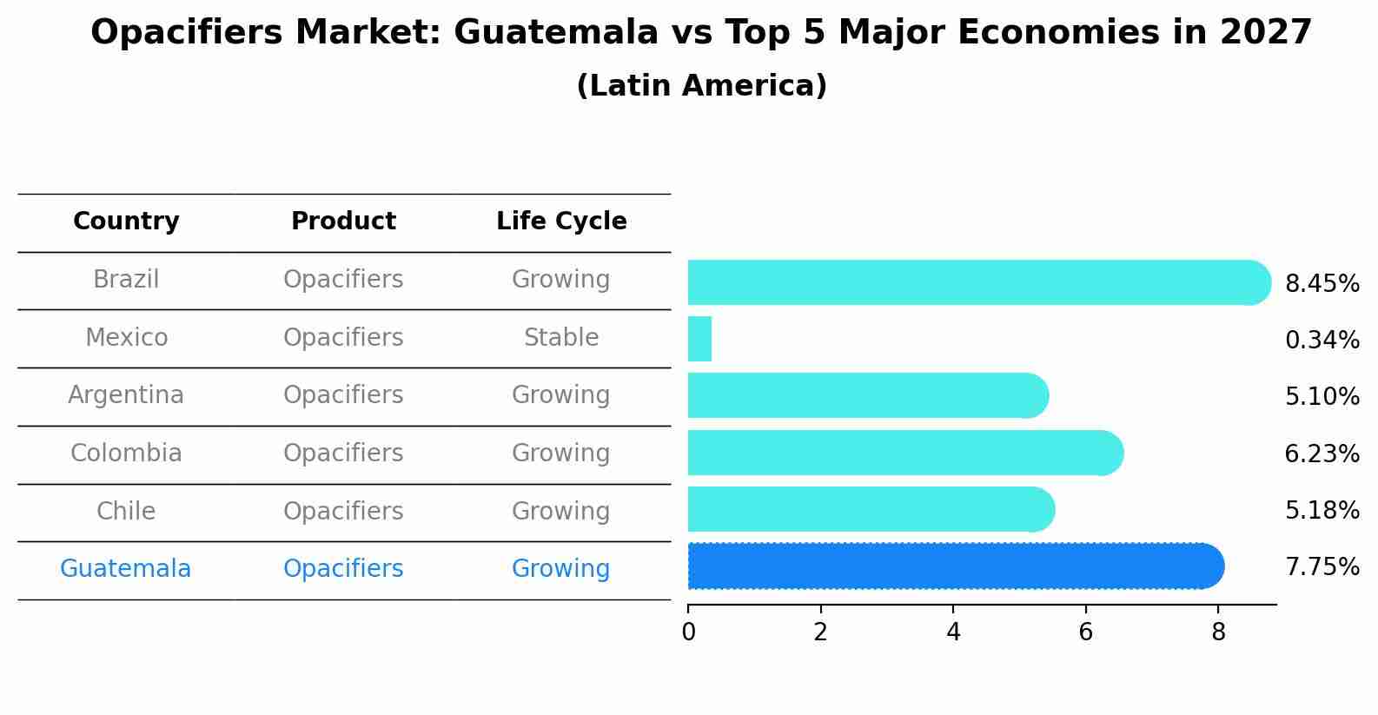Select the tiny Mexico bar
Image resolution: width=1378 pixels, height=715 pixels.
699,339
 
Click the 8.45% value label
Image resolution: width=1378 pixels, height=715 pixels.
1322,284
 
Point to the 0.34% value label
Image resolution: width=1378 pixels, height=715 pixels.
1322,341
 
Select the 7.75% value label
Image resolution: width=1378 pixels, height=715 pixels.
1322,567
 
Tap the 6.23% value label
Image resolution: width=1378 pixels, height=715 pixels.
1322,453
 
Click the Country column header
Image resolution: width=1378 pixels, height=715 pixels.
126,222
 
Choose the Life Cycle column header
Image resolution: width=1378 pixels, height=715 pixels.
561,222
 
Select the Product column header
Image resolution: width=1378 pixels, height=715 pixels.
343,222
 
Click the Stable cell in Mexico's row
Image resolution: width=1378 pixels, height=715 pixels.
561,337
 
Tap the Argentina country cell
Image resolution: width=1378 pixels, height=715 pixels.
126,395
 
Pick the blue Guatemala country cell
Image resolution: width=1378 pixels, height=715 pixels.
126,569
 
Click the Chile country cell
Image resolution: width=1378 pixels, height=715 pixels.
126,511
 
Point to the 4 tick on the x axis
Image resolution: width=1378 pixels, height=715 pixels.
953,632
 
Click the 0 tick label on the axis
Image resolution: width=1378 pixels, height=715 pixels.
688,632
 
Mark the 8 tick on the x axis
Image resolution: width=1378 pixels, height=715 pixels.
1218,632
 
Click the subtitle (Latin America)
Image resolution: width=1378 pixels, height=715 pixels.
701,86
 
